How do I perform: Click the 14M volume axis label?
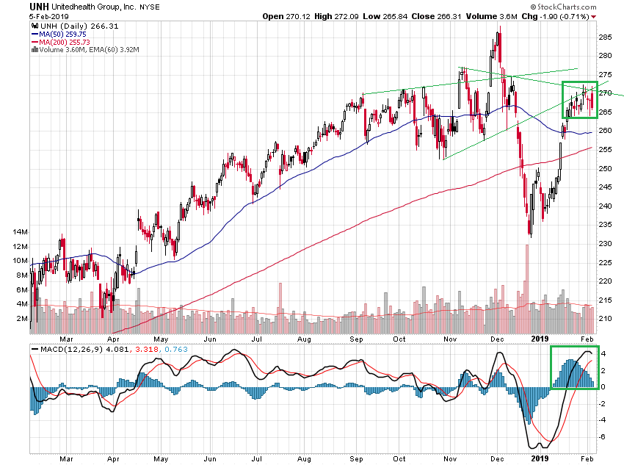click(x=20, y=232)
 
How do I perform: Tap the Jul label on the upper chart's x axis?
click(x=256, y=339)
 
